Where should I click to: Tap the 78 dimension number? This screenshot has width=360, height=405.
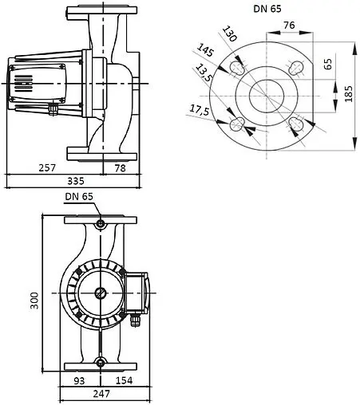click(119, 169)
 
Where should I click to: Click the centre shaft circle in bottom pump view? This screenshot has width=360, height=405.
click(100, 292)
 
